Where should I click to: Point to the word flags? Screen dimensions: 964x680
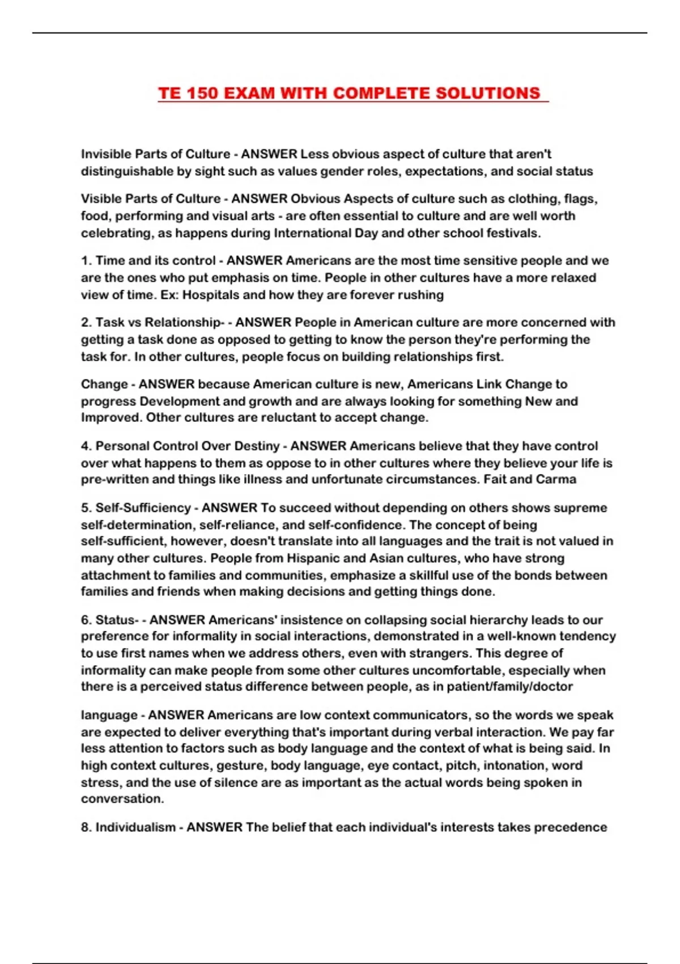581,199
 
